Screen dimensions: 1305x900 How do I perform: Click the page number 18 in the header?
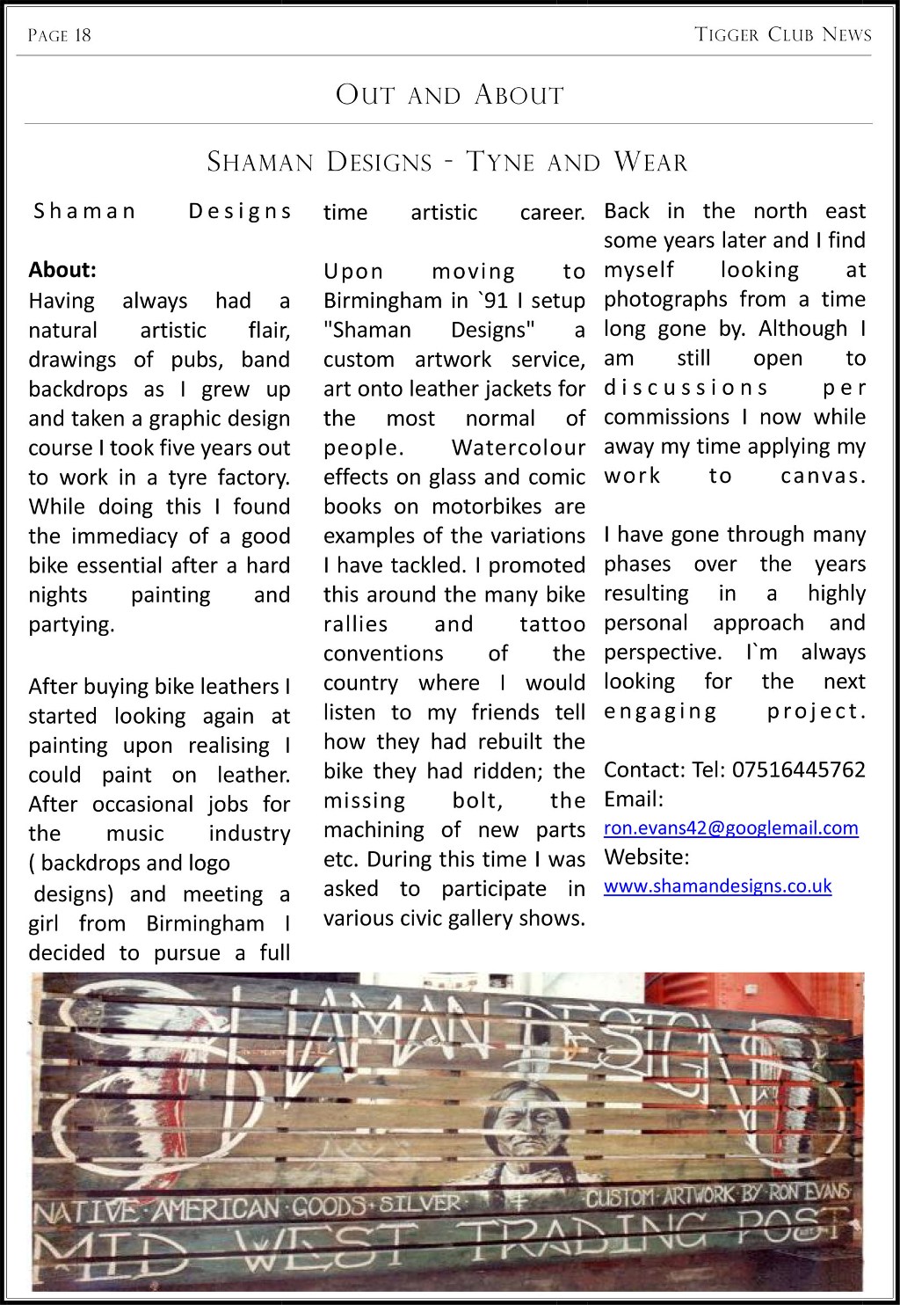pyautogui.click(x=82, y=35)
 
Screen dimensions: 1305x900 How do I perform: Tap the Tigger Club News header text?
pyautogui.click(x=782, y=35)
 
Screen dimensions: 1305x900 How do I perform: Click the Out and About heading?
pyautogui.click(x=449, y=95)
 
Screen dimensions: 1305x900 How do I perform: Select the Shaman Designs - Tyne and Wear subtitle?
pyautogui.click(x=447, y=162)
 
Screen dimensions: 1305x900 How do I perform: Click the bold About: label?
pyautogui.click(x=62, y=270)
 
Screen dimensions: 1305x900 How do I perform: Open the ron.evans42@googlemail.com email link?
pyautogui.click(x=730, y=827)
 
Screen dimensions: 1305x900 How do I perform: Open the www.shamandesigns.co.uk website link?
pyautogui.click(x=717, y=886)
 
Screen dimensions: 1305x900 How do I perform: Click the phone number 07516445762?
pyautogui.click(x=798, y=770)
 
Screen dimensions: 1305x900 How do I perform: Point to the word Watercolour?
pyautogui.click(x=518, y=448)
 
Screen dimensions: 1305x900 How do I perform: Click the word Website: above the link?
pyautogui.click(x=646, y=857)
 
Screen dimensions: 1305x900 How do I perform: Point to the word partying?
pyautogui.click(x=71, y=625)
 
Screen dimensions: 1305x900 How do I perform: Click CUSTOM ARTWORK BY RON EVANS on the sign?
pyautogui.click(x=718, y=1195)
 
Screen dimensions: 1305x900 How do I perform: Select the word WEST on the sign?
pyautogui.click(x=326, y=1243)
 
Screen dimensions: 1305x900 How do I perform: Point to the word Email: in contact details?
pyautogui.click(x=633, y=799)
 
